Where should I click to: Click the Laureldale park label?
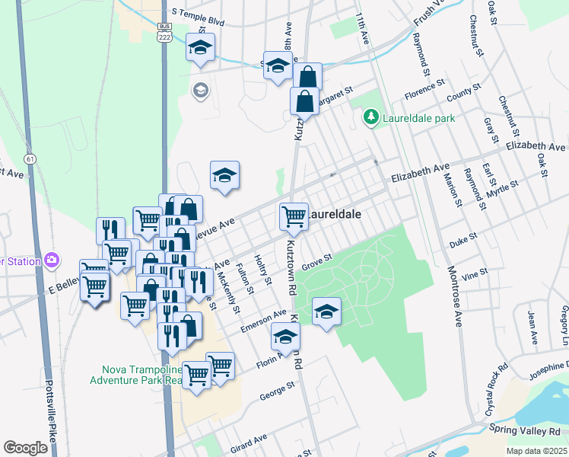(x=418, y=118)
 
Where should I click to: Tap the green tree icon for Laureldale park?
(x=370, y=117)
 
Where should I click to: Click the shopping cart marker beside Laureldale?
(x=294, y=216)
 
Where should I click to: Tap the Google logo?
(x=26, y=448)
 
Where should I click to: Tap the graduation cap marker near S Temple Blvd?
(x=200, y=48)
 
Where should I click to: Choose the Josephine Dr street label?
(x=539, y=375)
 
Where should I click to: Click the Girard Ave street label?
(x=250, y=441)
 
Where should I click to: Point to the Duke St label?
(x=462, y=238)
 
